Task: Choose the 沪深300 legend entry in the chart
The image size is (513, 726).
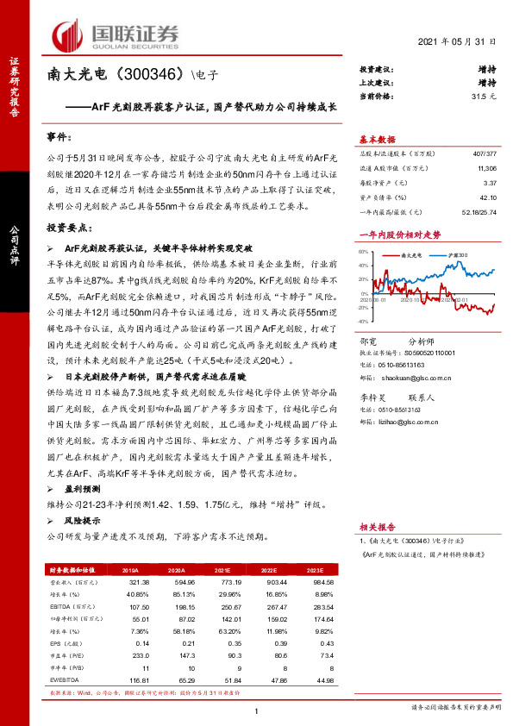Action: pyautogui.click(x=457, y=255)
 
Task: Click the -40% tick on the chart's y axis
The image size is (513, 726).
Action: pyautogui.click(x=363, y=319)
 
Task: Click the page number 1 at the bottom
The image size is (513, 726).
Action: pyautogui.click(x=257, y=710)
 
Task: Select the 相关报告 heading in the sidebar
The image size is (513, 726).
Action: pyautogui.click(x=376, y=523)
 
